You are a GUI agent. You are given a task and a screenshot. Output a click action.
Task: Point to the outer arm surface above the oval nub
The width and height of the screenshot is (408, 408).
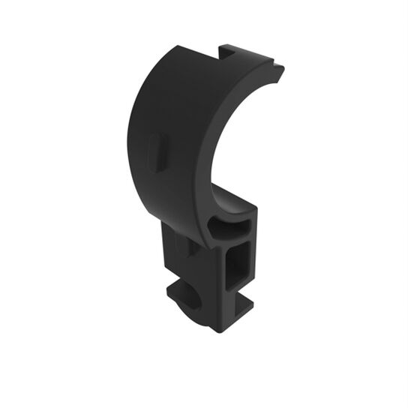[x=165, y=97]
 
